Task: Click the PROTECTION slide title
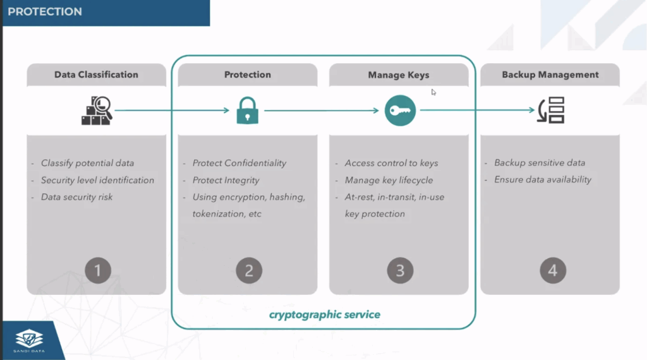coord(45,11)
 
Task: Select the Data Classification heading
coord(96,75)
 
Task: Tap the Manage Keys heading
coord(399,75)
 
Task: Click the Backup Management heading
coord(550,75)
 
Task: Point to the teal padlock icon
coord(248,111)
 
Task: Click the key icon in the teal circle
coord(400,111)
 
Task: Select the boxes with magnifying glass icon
coord(97,111)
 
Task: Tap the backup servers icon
coord(551,110)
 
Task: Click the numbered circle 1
coord(98,270)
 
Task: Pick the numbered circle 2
coord(249,270)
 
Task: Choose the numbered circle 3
coord(400,270)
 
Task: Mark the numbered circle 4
coord(553,270)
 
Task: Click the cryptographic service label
coord(325,315)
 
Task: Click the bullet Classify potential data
coord(87,163)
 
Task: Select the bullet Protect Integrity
coord(226,180)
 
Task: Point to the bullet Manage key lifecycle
coord(389,180)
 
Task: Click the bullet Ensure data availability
coord(543,179)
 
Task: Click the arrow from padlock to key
coord(322,111)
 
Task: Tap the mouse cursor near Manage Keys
coord(433,92)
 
